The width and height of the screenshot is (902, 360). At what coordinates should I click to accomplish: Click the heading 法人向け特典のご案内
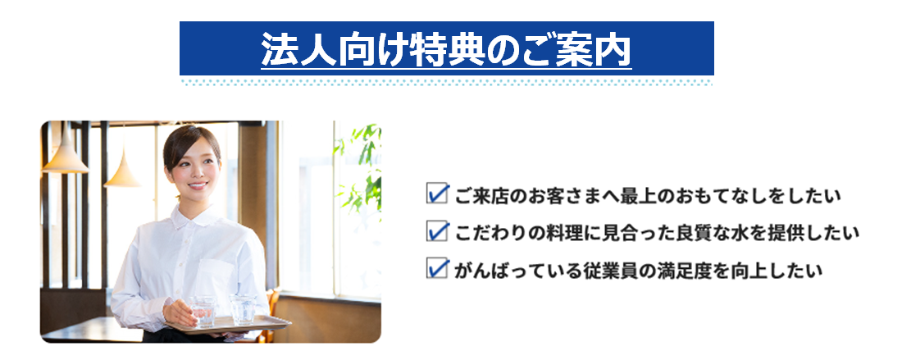[446, 49]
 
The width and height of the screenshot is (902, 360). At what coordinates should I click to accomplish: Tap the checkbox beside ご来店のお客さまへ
[437, 194]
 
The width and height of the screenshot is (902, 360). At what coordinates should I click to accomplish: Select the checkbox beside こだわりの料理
[437, 231]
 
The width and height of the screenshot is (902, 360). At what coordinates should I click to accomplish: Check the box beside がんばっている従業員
[437, 268]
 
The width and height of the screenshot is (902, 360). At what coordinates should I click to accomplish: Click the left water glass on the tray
[203, 311]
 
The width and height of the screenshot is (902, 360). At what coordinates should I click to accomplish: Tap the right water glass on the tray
[242, 309]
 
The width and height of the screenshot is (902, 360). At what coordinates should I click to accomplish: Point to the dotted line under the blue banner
[446, 83]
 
